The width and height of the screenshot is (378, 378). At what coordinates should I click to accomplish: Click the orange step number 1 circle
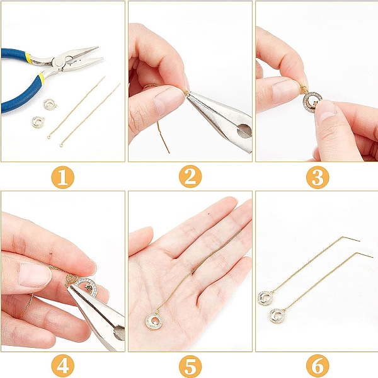[x=62, y=177]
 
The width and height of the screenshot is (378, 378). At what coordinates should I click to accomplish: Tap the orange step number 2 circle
[x=190, y=176]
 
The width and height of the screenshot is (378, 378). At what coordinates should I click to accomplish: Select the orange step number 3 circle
[x=318, y=178]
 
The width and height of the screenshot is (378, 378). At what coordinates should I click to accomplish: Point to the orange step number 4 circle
[x=62, y=365]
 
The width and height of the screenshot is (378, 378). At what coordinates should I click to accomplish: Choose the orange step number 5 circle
[x=190, y=366]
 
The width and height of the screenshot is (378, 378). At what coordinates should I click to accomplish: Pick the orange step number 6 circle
[x=318, y=366]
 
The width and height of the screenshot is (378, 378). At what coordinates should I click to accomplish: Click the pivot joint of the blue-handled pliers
[x=59, y=63]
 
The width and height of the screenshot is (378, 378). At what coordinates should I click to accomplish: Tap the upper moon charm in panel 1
[x=50, y=105]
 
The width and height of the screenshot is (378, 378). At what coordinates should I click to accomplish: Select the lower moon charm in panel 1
[x=38, y=122]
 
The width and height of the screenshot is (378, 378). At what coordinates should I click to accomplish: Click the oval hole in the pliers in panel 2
[x=244, y=131]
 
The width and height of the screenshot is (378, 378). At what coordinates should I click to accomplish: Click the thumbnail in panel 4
[x=35, y=275]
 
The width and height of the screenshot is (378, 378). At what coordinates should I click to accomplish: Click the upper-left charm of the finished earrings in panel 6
[x=265, y=298]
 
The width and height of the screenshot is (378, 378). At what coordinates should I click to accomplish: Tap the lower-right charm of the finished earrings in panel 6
[x=277, y=316]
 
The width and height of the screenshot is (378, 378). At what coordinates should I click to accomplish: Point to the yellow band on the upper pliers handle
[x=29, y=58]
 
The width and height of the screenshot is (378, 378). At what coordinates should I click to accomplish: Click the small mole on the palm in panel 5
[x=209, y=213]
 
